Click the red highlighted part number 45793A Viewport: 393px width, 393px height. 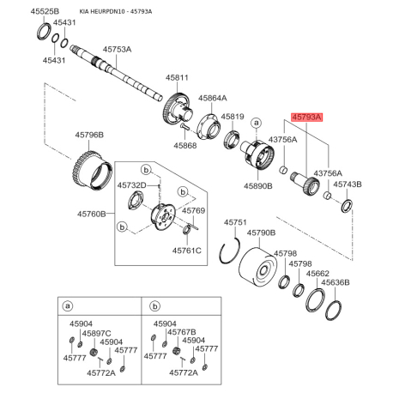pyautogui.click(x=306, y=118)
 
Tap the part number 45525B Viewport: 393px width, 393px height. pyautogui.click(x=45, y=11)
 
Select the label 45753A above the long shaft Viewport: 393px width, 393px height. pyautogui.click(x=118, y=50)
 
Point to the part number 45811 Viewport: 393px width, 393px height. pyautogui.click(x=178, y=77)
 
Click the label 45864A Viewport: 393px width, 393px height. pyautogui.click(x=213, y=98)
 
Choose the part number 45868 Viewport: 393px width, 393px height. pyautogui.click(x=185, y=146)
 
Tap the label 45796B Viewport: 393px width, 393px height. pyautogui.click(x=89, y=135)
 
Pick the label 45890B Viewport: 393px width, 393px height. pyautogui.click(x=258, y=186)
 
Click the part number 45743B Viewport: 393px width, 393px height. pyautogui.click(x=348, y=184)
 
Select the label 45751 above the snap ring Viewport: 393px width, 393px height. pyautogui.click(x=235, y=222)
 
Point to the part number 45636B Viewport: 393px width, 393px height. pyautogui.click(x=336, y=282)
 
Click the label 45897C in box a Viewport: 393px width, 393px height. pyautogui.click(x=97, y=334)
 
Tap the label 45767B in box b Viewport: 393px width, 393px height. pyautogui.click(x=182, y=332)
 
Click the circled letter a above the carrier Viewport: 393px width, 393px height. pyautogui.click(x=257, y=124)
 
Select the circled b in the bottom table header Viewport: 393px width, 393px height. pyautogui.click(x=154, y=306)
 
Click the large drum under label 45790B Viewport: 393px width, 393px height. pyautogui.click(x=257, y=267)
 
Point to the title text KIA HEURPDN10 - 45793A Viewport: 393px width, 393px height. pyautogui.click(x=116, y=12)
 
